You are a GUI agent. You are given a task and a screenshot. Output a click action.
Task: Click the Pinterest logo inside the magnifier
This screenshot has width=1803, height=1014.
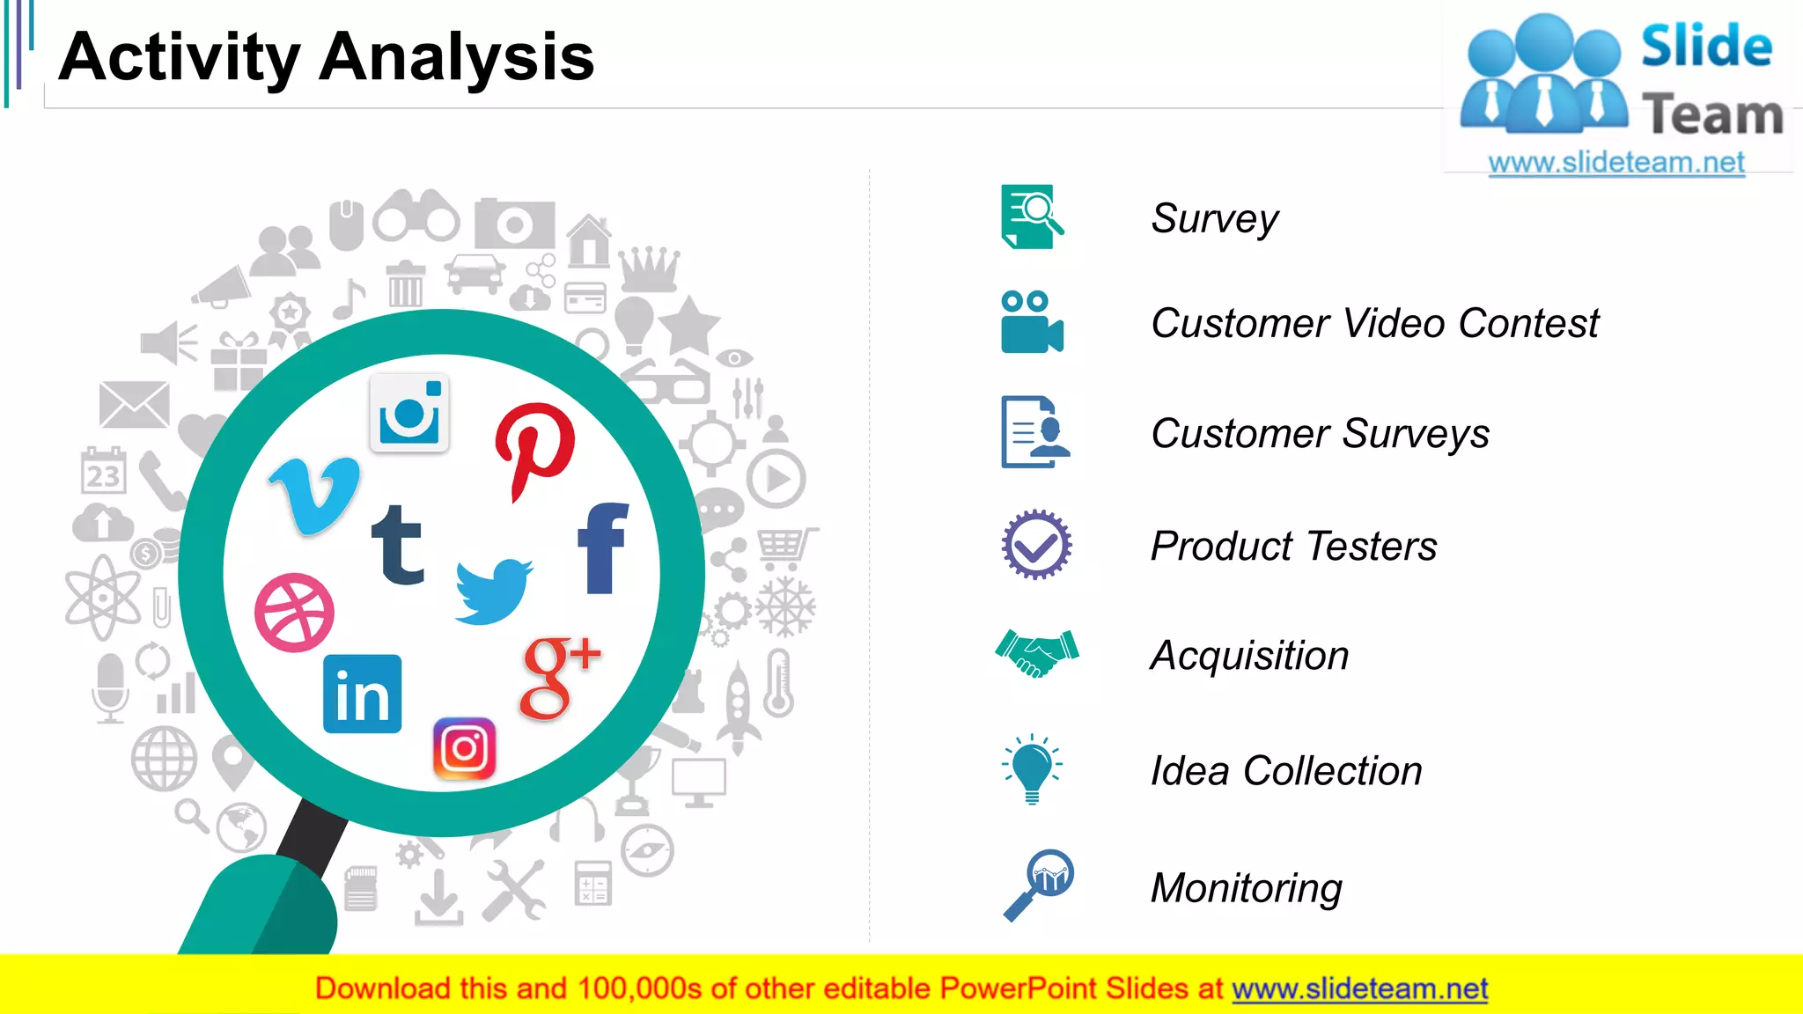[x=534, y=447]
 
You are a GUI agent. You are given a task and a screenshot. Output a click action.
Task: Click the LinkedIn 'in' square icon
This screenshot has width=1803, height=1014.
[x=362, y=694]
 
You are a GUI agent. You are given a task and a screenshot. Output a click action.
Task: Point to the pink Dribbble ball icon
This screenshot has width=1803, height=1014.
[x=294, y=613]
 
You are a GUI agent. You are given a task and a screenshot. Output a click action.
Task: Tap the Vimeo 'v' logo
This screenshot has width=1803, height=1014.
[x=315, y=495]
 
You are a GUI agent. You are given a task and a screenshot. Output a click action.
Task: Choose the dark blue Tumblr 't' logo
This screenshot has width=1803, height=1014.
[x=398, y=546]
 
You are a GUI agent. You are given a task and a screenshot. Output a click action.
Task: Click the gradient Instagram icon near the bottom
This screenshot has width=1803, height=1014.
[x=464, y=749]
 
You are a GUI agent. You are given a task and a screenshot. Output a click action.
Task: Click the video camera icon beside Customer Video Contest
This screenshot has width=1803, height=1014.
[x=1032, y=322]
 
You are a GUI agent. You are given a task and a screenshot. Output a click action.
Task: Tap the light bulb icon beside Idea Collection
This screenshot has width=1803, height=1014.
[x=1032, y=768]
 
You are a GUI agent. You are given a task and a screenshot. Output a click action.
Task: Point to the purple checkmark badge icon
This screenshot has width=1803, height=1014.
[x=1036, y=545]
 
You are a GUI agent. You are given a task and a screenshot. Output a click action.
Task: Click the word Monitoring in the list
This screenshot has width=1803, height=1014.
[x=1246, y=887]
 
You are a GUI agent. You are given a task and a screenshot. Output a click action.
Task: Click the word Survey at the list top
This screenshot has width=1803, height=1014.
[x=1214, y=218]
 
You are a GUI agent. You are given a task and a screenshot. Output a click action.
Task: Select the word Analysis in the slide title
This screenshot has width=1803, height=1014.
[x=456, y=57]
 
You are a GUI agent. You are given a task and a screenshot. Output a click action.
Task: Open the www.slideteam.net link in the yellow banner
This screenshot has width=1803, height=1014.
[x=1359, y=988]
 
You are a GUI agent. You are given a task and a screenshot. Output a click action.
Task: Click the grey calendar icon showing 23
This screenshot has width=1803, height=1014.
[x=103, y=471]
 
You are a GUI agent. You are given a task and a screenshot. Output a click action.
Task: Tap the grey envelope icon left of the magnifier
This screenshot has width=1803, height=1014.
[x=134, y=404]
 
